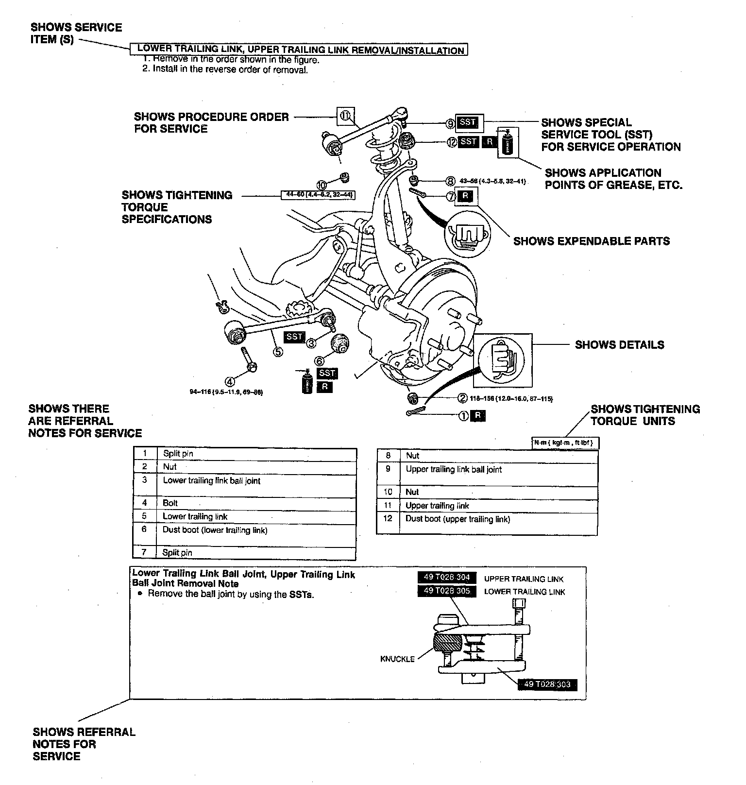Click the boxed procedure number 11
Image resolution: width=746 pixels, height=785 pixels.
point(345,116)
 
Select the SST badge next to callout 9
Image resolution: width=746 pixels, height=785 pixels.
point(468,122)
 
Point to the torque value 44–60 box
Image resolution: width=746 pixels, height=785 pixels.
point(319,195)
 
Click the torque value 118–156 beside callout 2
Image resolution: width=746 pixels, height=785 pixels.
point(511,398)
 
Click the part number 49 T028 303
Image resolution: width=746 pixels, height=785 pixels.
point(547,684)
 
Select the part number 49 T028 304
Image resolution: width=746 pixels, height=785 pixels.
point(446,577)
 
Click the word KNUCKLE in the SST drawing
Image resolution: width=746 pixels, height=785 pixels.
point(397,659)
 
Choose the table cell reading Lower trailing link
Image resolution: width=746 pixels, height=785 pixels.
point(195,516)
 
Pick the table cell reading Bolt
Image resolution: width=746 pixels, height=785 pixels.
point(170,503)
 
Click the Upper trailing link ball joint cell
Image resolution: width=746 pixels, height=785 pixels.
point(454,470)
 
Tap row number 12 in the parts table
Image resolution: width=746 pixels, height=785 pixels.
point(388,518)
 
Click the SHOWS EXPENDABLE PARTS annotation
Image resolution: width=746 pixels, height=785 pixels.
point(592,241)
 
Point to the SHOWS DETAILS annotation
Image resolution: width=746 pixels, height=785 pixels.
point(619,345)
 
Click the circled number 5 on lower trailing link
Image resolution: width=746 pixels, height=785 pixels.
point(278,351)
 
